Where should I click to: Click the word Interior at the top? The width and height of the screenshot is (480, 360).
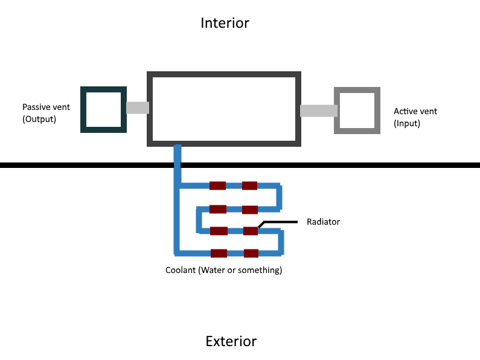[x=225, y=23]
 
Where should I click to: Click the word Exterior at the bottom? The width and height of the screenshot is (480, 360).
[x=231, y=341]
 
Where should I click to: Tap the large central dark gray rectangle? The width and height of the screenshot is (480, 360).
[x=224, y=109]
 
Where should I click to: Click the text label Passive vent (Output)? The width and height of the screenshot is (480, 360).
[x=46, y=113]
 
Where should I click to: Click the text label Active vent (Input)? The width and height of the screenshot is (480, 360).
[x=415, y=117]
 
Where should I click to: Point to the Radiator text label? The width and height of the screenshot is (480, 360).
[x=323, y=222]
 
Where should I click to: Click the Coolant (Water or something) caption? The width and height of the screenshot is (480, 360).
[x=223, y=270]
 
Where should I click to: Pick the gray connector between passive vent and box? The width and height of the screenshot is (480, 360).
[x=138, y=108]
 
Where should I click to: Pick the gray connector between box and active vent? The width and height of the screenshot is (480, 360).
[x=318, y=111]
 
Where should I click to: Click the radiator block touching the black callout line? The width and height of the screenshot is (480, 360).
[x=251, y=231]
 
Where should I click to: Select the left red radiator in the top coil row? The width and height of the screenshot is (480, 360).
[x=217, y=186]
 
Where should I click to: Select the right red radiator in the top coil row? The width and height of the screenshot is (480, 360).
[x=250, y=186]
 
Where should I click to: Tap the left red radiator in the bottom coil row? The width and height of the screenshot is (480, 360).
[x=218, y=253]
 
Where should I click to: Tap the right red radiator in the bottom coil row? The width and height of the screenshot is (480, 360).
[x=251, y=253]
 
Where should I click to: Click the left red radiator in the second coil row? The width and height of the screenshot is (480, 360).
[x=217, y=210]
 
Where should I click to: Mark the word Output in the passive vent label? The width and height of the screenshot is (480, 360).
[x=39, y=120]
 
